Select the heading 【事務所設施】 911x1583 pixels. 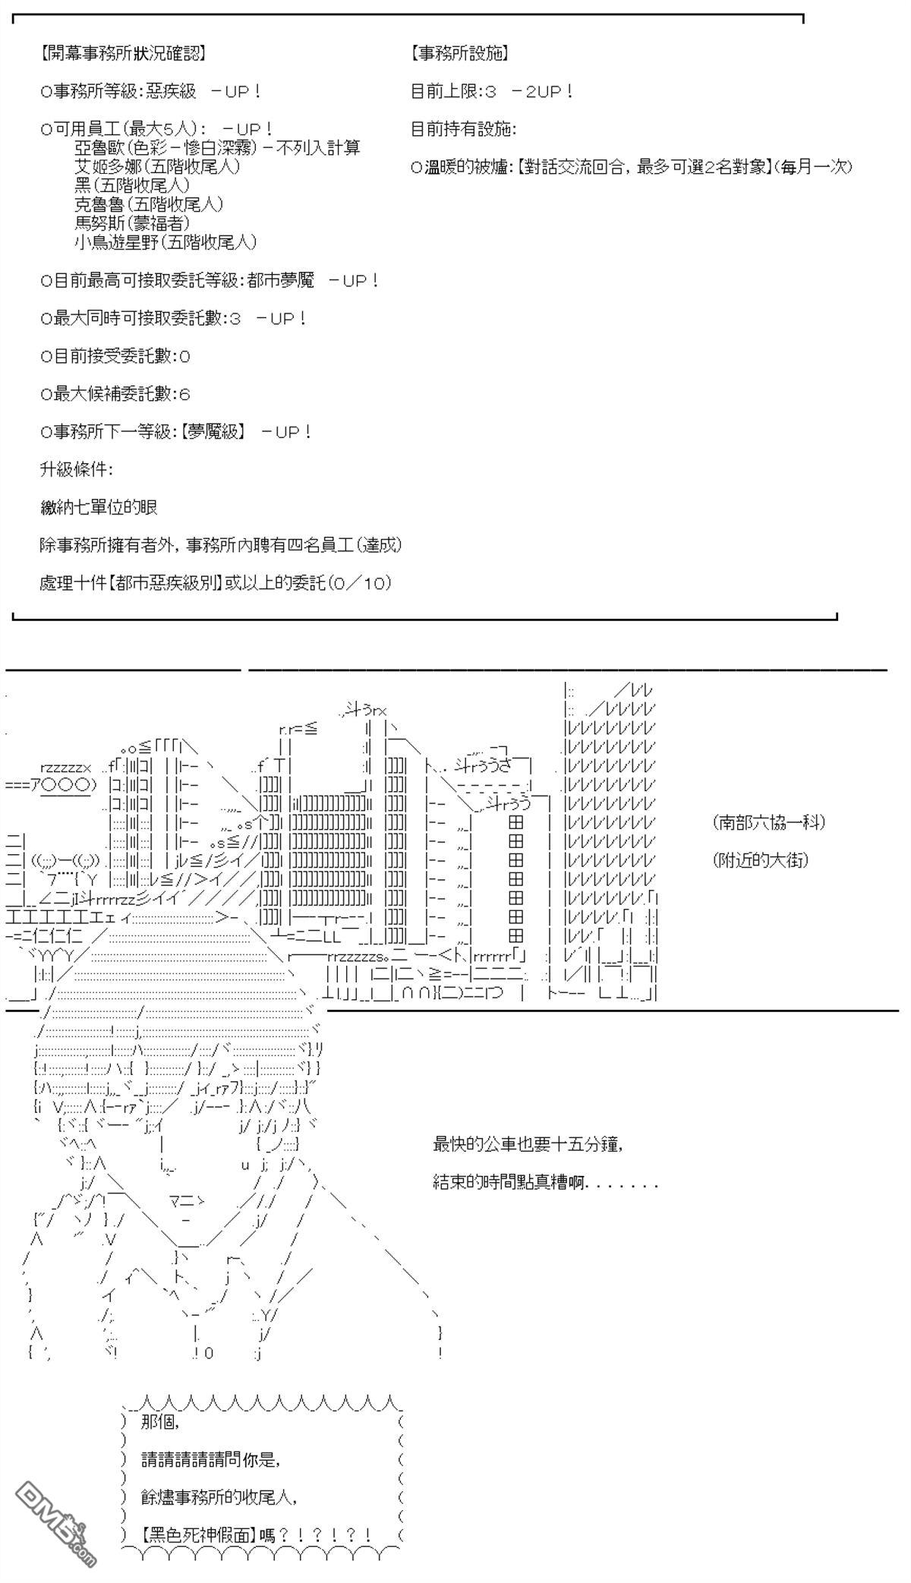coord(459,54)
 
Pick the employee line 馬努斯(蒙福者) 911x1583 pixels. coord(132,223)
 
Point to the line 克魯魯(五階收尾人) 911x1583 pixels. coord(149,204)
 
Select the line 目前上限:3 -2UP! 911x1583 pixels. coord(492,92)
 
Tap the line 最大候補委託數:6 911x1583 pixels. coord(115,394)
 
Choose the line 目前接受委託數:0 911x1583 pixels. coord(115,356)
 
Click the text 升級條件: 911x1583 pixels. coord(77,469)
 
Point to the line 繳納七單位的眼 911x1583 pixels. coord(99,507)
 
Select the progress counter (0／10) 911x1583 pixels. coord(359,583)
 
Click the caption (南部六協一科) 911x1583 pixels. coord(769,822)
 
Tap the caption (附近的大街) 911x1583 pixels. coord(761,860)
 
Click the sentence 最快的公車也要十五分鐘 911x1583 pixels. coord(528,1144)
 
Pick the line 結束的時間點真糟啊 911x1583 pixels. coord(544,1183)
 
